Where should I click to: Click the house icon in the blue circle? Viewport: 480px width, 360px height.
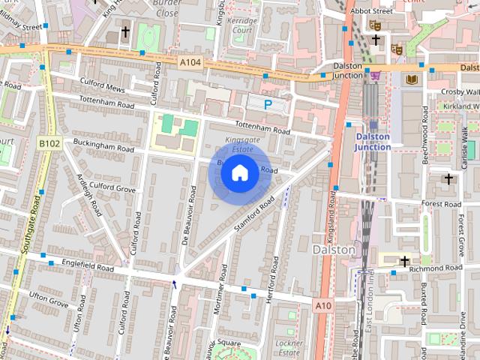point(239,173)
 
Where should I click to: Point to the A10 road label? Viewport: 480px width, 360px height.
point(323,305)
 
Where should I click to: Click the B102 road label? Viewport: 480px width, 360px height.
point(49,142)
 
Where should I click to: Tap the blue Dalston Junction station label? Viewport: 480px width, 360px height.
point(373,142)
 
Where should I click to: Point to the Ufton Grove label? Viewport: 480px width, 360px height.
point(49,300)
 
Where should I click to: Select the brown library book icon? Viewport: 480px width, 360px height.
point(411,79)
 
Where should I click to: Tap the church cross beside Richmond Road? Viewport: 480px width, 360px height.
point(405,261)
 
